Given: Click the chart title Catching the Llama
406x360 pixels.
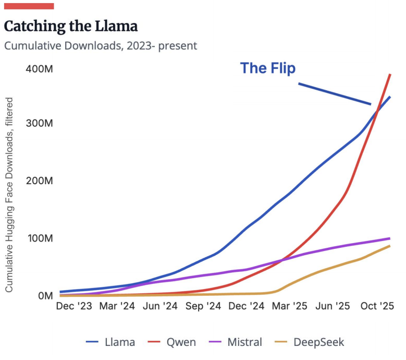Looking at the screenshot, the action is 71,27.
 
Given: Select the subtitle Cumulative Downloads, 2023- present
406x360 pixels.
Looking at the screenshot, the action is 101,46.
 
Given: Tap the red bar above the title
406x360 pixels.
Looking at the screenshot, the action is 29,6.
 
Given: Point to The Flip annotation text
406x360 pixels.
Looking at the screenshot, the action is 268,68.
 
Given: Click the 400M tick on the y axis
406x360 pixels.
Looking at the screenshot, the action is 40,69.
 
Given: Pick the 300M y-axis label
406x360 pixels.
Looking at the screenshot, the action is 40,123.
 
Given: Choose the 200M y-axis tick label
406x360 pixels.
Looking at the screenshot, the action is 40,181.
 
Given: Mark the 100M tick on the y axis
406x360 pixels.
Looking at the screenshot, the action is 40,238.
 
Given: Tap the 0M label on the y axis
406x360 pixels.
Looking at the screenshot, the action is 45,296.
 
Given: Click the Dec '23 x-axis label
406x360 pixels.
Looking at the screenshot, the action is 74,306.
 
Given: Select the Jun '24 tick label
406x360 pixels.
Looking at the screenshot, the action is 160,306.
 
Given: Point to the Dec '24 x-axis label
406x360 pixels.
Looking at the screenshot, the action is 246,306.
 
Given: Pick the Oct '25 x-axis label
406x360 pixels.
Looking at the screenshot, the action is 377,306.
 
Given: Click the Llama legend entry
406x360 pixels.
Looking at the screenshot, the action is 110,342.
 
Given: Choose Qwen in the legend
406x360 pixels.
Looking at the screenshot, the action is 172,342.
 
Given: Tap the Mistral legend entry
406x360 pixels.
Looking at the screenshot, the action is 236,342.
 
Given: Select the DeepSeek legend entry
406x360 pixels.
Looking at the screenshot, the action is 310,342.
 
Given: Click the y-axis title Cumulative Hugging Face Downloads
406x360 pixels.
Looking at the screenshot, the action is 9,195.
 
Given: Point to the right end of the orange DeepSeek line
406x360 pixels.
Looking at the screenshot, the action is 390,246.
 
